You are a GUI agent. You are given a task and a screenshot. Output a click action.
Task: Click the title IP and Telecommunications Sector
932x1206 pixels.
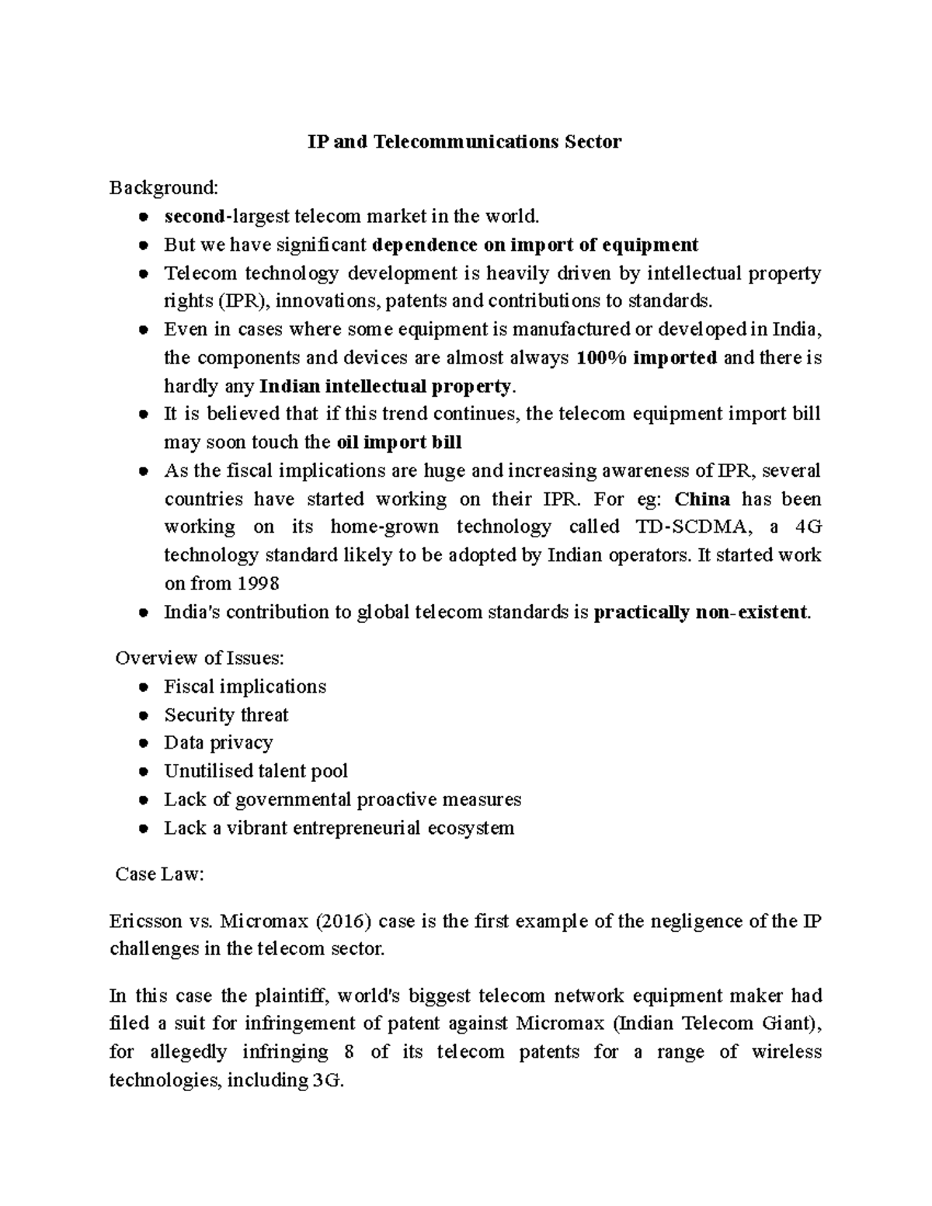click(465, 142)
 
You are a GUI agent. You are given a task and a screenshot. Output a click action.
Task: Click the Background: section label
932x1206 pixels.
click(164, 188)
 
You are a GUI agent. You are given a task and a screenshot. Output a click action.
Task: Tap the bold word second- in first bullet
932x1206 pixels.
click(196, 216)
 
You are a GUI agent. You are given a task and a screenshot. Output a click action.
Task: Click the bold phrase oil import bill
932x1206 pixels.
click(398, 443)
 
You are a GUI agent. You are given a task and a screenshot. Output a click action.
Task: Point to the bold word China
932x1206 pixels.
click(703, 499)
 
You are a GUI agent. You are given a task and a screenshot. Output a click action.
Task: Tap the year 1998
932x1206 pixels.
click(257, 584)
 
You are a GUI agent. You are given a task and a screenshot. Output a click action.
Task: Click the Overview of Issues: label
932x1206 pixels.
click(200, 659)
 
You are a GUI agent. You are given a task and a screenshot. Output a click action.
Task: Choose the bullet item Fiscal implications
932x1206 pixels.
click(245, 687)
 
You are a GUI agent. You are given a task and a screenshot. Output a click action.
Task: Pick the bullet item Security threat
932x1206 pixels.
click(226, 715)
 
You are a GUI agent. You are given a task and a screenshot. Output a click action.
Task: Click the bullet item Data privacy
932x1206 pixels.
click(218, 743)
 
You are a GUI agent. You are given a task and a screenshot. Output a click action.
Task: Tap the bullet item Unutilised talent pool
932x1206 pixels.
click(256, 772)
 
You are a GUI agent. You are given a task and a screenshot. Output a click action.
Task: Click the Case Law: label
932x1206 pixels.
click(159, 874)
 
